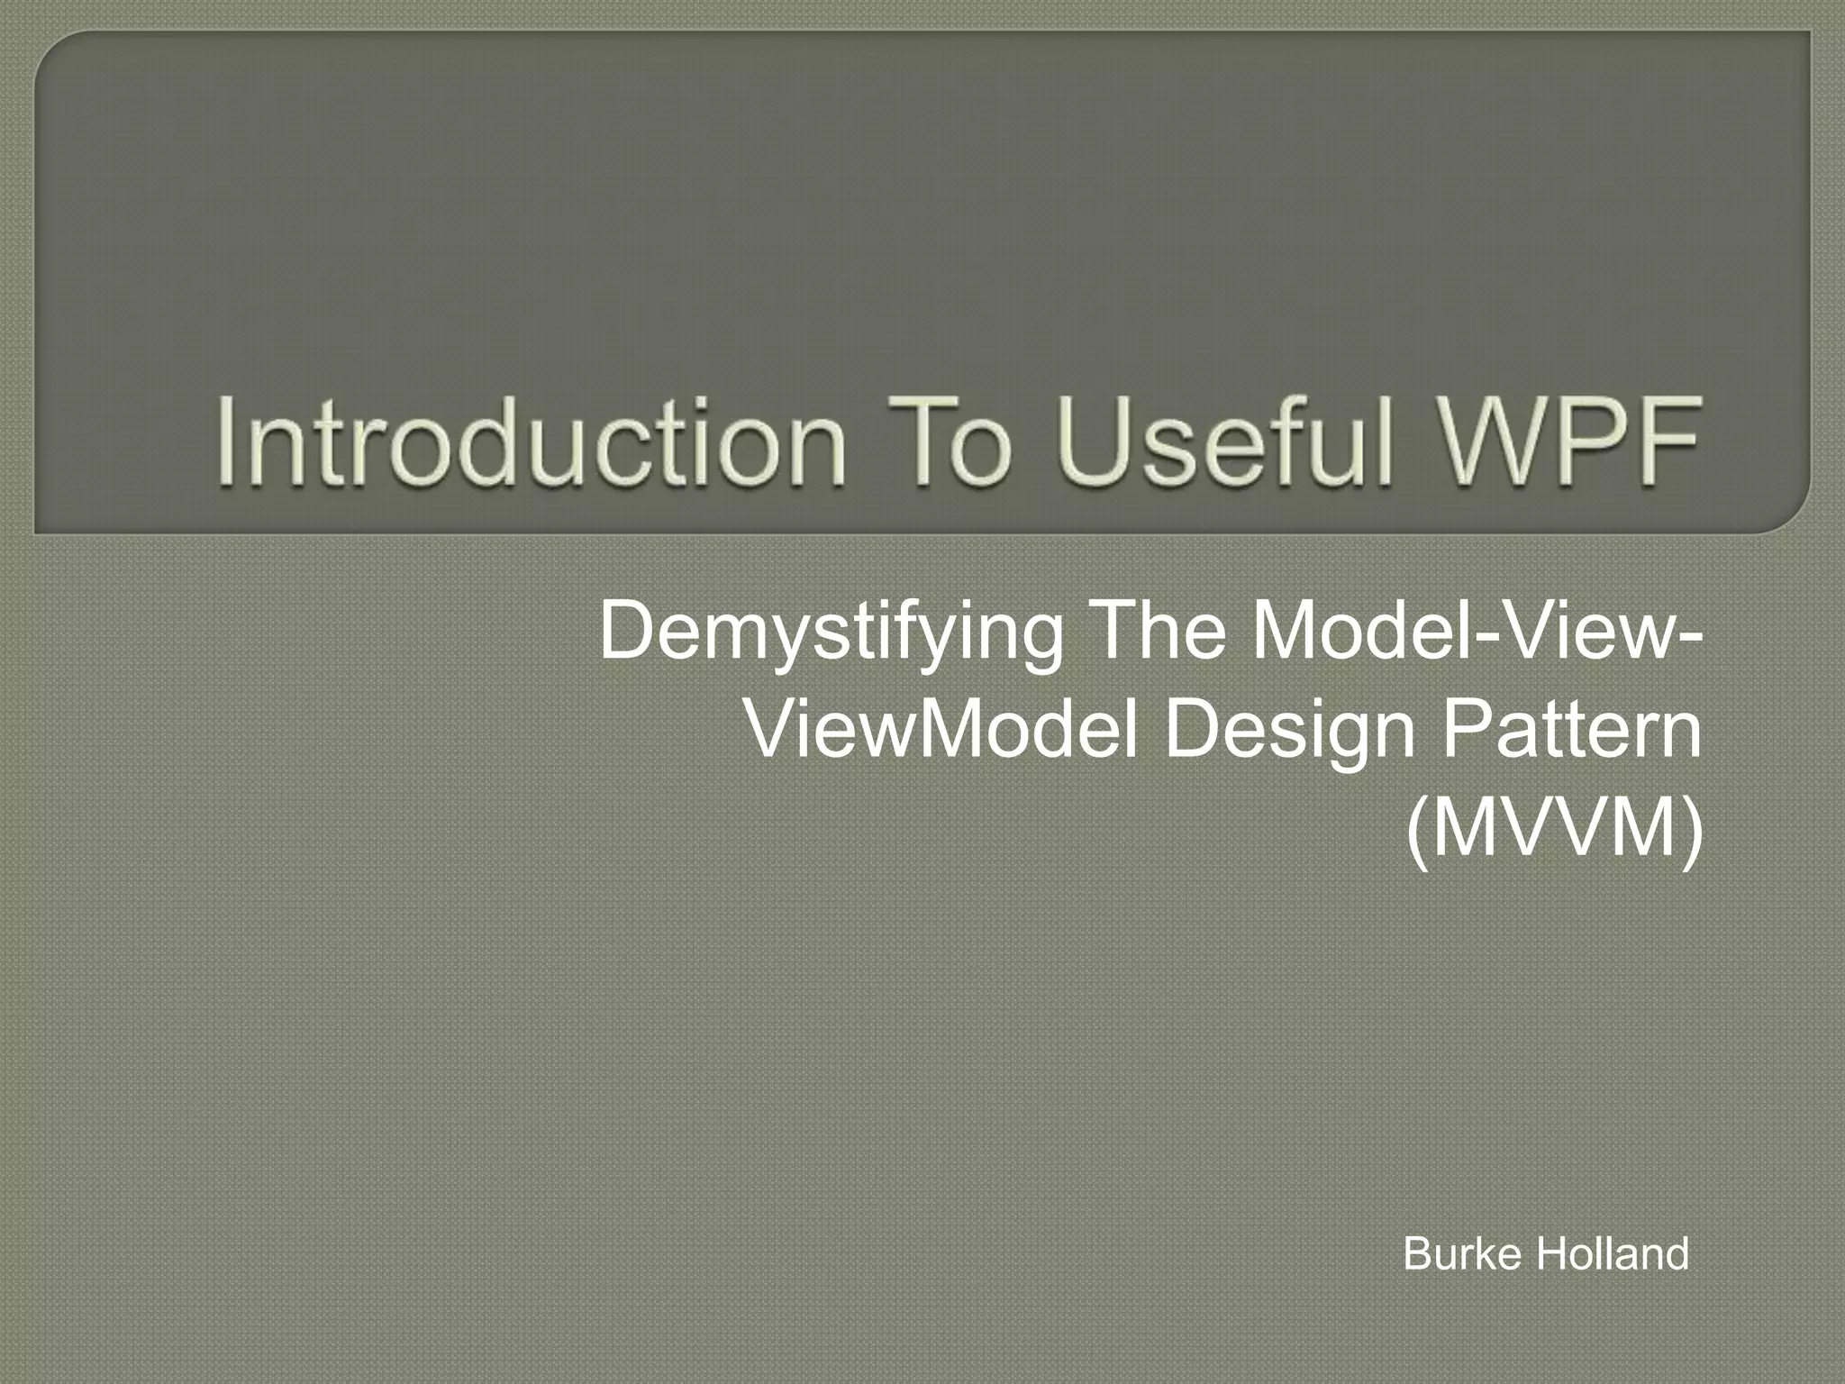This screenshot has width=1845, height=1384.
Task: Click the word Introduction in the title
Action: click(x=530, y=442)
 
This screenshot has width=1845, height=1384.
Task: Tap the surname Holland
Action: click(x=1612, y=1253)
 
